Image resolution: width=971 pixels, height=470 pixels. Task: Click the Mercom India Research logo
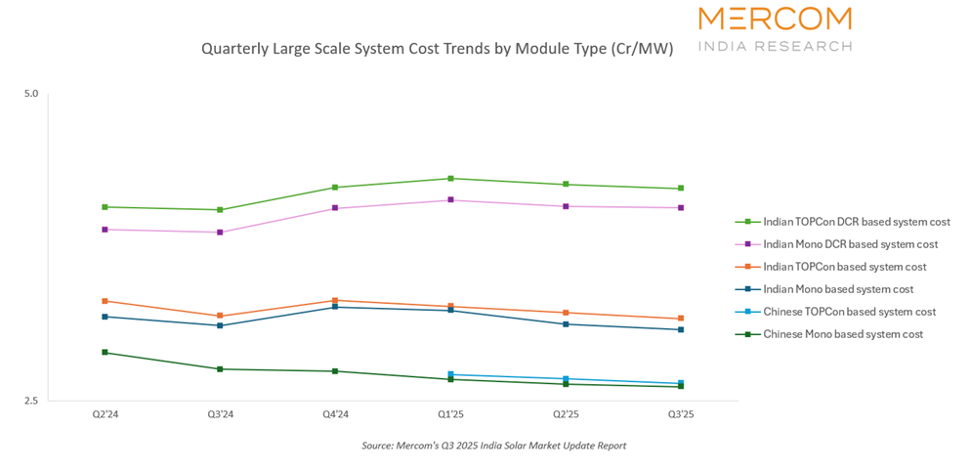tap(775, 28)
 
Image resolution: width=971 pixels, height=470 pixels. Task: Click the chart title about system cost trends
tap(437, 48)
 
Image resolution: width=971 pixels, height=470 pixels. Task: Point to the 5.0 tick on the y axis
tap(31, 94)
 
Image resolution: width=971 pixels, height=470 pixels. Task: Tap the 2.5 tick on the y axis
tap(31, 401)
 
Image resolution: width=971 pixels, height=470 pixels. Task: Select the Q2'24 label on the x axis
tap(105, 415)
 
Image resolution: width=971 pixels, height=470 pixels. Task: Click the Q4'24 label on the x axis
tap(335, 415)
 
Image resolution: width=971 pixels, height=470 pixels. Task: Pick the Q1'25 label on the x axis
tap(450, 415)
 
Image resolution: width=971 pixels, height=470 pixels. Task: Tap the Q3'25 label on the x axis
tap(681, 415)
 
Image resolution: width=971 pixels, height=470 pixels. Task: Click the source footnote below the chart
tap(493, 446)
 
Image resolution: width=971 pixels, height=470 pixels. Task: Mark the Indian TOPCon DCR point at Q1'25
tap(450, 179)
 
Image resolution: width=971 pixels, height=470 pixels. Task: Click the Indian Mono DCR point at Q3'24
tap(220, 233)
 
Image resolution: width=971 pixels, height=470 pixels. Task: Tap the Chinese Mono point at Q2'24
tap(105, 353)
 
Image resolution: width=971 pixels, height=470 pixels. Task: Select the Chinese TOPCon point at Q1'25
tap(450, 374)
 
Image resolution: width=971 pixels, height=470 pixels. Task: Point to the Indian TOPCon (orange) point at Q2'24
tap(105, 301)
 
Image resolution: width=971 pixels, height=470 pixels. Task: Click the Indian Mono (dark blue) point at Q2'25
tap(566, 324)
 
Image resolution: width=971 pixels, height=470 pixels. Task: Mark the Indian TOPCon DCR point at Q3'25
tap(681, 189)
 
